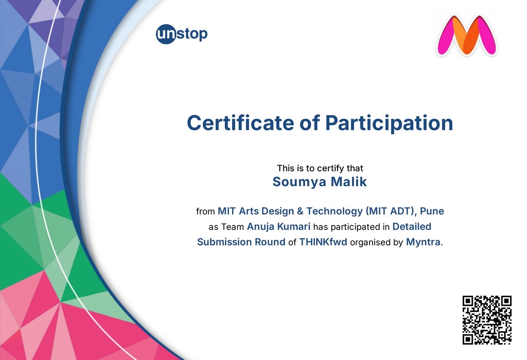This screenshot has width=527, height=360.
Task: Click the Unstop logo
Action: (182, 34)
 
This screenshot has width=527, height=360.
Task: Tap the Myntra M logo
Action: (466, 35)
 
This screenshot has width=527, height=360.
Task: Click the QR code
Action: (487, 320)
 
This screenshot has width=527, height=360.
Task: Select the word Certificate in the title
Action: (240, 123)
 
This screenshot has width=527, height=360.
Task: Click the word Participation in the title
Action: (389, 123)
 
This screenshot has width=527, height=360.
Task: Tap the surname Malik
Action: (349, 182)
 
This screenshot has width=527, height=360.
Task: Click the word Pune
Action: (432, 211)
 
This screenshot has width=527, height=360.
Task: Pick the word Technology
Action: (335, 211)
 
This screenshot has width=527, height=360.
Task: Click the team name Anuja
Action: (260, 227)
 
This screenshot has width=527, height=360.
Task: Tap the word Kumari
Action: (294, 227)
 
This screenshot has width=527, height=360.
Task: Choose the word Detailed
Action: (412, 227)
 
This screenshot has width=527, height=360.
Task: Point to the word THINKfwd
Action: (323, 242)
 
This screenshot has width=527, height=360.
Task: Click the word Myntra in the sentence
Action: (423, 242)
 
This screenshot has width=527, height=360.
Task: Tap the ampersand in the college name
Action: (300, 211)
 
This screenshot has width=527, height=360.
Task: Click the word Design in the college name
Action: (277, 211)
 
